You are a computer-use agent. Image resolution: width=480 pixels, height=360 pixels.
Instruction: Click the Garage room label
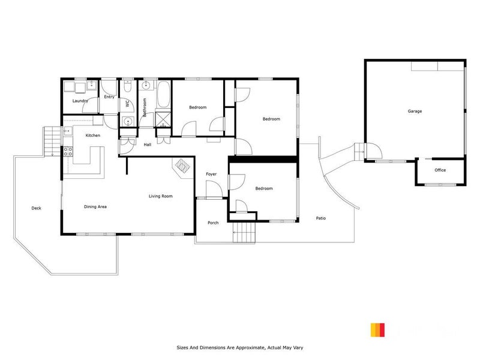(415, 112)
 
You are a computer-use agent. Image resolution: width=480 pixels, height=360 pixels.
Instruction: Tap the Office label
(440, 170)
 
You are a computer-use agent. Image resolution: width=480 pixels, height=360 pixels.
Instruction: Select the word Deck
(37, 208)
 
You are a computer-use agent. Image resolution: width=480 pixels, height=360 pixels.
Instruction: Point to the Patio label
(321, 218)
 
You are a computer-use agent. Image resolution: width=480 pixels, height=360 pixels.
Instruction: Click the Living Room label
(161, 196)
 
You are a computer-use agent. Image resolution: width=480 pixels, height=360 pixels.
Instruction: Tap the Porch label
(213, 223)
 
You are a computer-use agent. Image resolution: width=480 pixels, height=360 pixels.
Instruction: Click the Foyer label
(211, 174)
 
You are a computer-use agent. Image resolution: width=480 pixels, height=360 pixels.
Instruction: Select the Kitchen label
(92, 136)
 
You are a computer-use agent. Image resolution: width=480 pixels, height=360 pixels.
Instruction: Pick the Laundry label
(80, 101)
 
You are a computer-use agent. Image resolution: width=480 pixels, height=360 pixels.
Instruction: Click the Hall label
(147, 145)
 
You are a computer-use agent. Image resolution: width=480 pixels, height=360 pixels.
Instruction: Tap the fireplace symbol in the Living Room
(182, 165)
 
